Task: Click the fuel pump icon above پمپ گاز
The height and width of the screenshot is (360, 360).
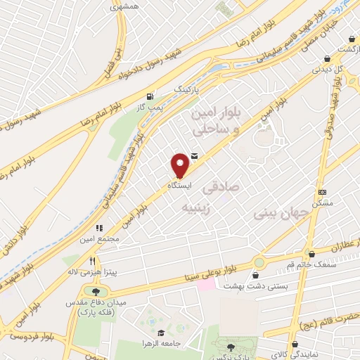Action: point(149,97)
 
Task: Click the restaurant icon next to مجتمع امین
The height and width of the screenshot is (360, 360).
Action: point(99,228)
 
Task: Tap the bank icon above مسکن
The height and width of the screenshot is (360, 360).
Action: point(323,191)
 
